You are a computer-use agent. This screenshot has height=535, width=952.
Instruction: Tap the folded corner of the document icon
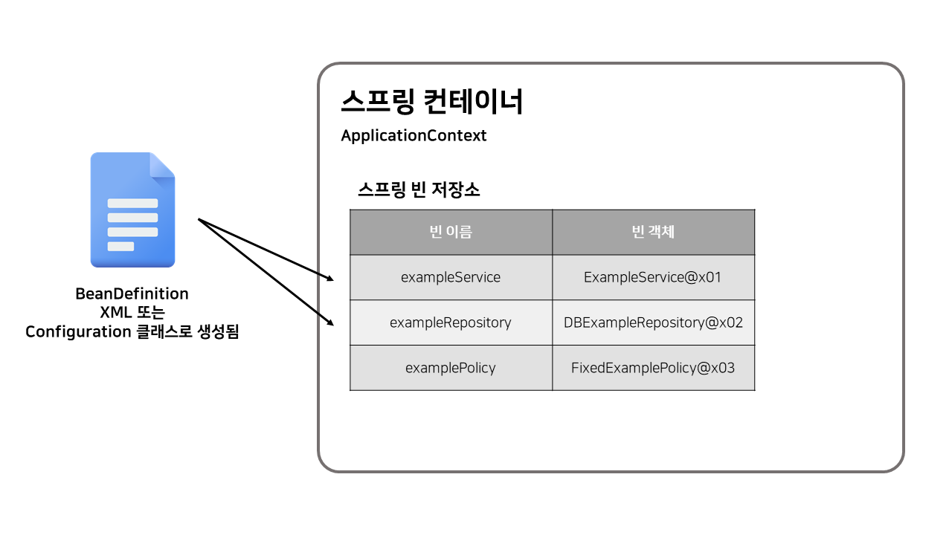tap(163, 165)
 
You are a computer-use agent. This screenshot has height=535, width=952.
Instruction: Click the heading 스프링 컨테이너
tap(432, 102)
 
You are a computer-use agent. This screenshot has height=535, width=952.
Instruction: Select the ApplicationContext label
tap(414, 136)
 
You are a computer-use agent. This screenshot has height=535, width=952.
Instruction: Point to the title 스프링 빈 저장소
tap(419, 190)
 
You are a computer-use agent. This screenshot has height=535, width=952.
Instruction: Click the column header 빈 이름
tap(451, 232)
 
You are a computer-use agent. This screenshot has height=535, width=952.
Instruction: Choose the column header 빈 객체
tap(653, 232)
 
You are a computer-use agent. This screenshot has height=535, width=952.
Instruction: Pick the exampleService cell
tap(451, 277)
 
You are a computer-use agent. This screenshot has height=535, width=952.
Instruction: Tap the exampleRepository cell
tap(451, 322)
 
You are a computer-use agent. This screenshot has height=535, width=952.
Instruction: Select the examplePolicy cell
tap(451, 368)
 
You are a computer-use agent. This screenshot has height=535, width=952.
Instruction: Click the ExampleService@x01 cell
tap(653, 277)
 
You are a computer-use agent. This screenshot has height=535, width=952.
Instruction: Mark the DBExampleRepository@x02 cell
tap(653, 322)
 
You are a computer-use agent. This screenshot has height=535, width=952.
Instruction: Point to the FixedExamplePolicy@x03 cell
tap(653, 368)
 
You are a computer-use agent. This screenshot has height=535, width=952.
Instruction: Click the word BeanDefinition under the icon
tap(132, 294)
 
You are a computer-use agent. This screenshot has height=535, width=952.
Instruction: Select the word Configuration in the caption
tap(78, 332)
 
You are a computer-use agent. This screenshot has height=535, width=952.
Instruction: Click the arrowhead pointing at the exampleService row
tap(330, 279)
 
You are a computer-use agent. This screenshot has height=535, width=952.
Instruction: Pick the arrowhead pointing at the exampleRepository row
tap(330, 323)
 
